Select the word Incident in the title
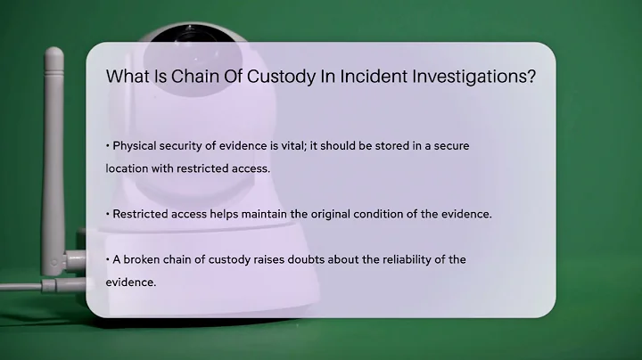[x=363, y=77]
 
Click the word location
[x=128, y=168]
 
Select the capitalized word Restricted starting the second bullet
[x=141, y=214]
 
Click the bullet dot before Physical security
[x=107, y=146]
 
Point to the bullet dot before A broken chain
[x=107, y=259]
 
